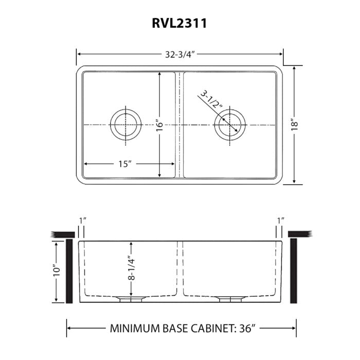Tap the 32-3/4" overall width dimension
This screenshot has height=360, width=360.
(x=179, y=53)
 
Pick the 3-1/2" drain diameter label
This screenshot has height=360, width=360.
(x=211, y=101)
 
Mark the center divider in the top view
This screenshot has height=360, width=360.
(x=179, y=125)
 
